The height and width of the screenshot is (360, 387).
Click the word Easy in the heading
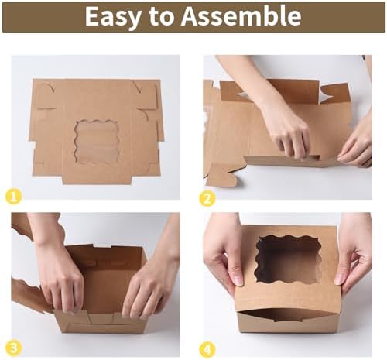[113, 17]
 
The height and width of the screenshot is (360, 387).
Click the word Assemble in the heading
[241, 16]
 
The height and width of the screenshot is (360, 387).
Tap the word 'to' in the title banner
[161, 17]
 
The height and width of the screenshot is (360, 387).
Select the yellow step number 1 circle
[13, 197]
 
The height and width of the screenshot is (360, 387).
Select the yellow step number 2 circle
[207, 198]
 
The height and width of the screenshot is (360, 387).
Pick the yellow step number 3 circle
[13, 348]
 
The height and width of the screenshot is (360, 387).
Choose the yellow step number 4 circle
[207, 350]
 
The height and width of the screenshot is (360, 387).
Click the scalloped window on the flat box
[97, 142]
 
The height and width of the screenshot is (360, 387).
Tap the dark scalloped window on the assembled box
[289, 259]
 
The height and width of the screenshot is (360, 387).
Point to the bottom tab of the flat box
[97, 180]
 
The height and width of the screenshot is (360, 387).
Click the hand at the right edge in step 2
[358, 145]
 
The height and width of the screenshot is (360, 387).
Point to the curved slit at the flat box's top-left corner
[50, 87]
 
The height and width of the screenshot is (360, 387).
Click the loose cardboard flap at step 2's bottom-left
[221, 176]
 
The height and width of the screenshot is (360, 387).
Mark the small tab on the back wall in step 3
[102, 245]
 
